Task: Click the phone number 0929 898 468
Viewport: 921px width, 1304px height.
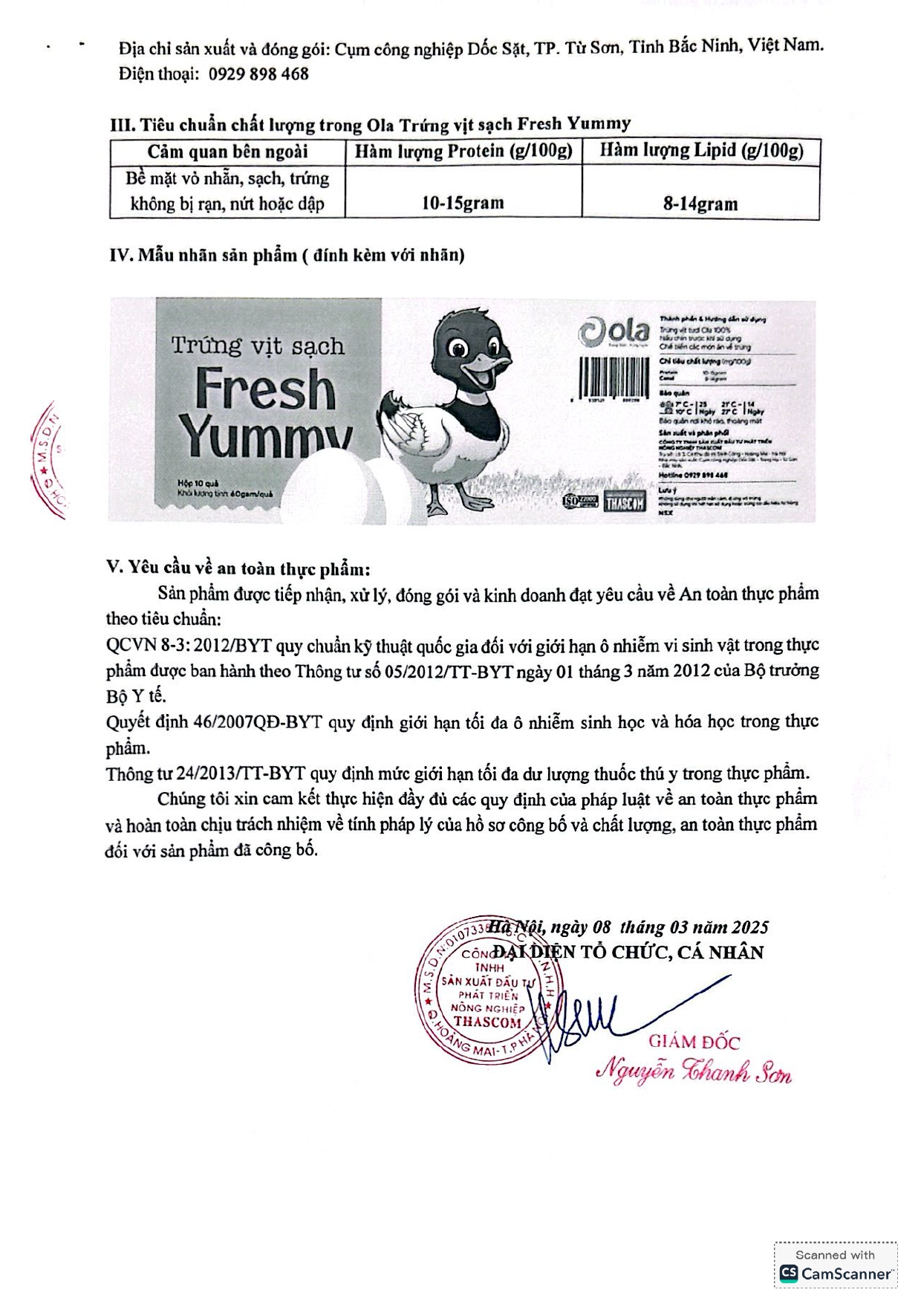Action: (x=258, y=74)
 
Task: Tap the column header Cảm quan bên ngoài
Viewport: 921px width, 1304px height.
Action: (x=227, y=152)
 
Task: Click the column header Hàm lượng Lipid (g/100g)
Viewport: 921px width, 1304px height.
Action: (x=701, y=151)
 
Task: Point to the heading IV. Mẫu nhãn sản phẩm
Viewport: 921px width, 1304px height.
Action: (x=287, y=255)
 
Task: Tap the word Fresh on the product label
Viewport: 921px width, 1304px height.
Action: (x=265, y=389)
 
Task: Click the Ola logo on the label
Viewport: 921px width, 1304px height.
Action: (x=614, y=332)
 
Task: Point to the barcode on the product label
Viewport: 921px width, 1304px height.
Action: (x=614, y=378)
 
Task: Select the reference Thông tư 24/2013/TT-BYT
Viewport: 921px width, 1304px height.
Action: (x=206, y=773)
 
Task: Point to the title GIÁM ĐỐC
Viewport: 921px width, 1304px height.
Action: (x=694, y=1042)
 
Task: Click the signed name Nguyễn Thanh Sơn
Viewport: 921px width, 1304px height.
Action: (x=694, y=1072)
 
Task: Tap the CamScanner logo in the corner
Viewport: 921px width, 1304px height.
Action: (x=836, y=1273)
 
